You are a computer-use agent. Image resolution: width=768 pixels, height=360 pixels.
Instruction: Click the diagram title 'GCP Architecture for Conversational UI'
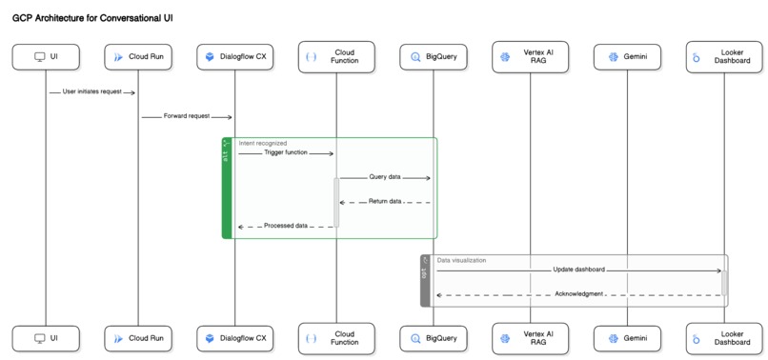pos(92,18)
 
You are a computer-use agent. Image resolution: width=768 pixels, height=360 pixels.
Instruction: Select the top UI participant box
pos(46,57)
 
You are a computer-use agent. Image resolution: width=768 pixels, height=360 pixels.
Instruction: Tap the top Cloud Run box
pos(137,57)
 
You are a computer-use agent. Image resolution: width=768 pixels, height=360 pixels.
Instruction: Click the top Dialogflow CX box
pos(235,57)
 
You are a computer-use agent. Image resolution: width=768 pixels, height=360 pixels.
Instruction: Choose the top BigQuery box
pos(434,57)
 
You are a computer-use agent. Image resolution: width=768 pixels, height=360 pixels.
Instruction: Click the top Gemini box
pos(626,57)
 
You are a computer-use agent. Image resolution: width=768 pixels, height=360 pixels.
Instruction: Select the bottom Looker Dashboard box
pos(723,338)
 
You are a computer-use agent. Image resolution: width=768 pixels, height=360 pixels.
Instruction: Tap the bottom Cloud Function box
pos(335,338)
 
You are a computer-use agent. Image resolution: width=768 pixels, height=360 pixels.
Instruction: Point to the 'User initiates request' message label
pos(92,92)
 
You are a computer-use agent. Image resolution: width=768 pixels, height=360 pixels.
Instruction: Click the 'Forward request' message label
pos(187,116)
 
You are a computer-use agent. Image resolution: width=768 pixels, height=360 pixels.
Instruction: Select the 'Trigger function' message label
pos(286,152)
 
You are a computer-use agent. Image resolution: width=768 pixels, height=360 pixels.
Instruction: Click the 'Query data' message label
pos(385,177)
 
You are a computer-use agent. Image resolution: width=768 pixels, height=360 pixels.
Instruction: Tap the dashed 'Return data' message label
pos(385,201)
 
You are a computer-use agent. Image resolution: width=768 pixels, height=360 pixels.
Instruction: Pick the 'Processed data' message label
pos(286,226)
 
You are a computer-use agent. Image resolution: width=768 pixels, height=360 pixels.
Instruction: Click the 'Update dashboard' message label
pos(578,270)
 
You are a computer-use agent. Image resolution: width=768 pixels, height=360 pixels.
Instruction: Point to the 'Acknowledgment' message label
pos(578,294)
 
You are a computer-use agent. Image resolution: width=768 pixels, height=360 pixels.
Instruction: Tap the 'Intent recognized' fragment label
pos(263,143)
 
